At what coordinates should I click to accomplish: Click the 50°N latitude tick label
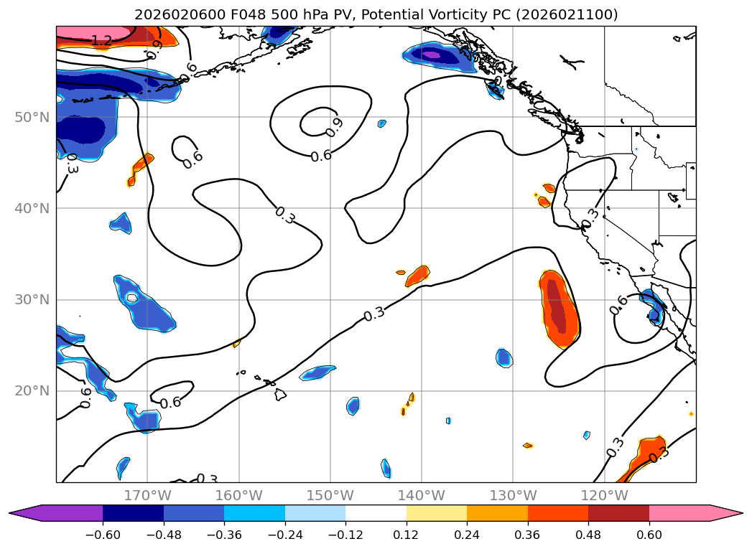[x=33, y=117]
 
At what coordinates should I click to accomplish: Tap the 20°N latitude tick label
[x=33, y=391]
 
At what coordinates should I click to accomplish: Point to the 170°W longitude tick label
[x=147, y=495]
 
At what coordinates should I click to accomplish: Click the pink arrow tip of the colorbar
[x=733, y=513]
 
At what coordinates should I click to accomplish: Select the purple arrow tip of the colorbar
[x=20, y=513]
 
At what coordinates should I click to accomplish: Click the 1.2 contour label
[x=101, y=42]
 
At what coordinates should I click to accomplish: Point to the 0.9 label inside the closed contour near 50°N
[x=333, y=127]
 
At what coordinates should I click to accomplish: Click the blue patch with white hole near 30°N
[x=144, y=303]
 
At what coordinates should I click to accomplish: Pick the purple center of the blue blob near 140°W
[x=430, y=54]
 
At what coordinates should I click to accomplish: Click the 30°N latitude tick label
[x=33, y=300]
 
